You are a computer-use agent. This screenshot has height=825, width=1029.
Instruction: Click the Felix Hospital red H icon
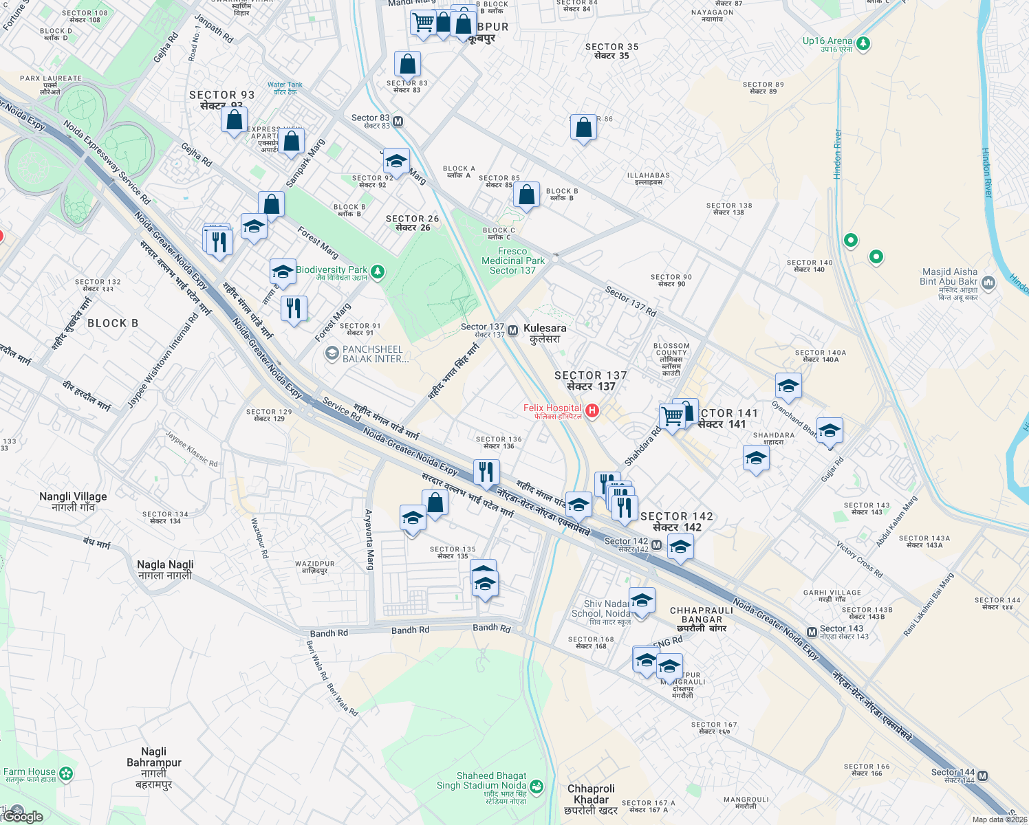591,411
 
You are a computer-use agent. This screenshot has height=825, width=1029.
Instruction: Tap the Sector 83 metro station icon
398,122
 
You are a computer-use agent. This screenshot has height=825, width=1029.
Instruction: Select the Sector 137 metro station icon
512,331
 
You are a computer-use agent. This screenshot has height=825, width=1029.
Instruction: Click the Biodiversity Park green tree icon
377,273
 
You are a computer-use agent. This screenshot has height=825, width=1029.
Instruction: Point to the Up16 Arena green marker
863,44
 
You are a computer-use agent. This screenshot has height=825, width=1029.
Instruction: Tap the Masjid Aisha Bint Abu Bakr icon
988,282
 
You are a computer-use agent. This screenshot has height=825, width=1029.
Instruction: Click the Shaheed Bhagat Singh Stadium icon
537,785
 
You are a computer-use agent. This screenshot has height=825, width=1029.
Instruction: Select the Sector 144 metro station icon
982,775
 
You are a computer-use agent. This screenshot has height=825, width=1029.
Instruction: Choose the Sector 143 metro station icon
812,632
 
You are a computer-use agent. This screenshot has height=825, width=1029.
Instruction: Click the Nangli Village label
73,501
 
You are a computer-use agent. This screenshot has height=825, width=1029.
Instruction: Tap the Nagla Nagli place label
165,569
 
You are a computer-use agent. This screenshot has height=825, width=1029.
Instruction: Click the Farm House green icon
65,774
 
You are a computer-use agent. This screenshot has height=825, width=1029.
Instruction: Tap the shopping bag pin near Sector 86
583,128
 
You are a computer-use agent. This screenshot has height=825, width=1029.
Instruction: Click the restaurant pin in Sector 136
486,472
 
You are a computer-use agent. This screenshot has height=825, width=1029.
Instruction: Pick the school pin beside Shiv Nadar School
642,601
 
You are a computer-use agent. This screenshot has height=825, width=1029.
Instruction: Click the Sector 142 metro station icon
656,545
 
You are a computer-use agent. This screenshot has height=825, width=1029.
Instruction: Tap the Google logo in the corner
23,816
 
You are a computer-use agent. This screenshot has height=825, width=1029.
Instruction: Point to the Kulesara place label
545,333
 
